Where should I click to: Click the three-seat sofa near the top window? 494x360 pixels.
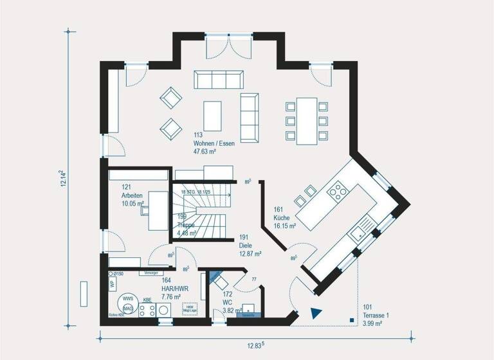pyautogui.click(x=219, y=80)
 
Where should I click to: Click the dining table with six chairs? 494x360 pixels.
pyautogui.click(x=306, y=120)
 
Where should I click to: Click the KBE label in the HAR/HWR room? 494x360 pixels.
pyautogui.click(x=147, y=300)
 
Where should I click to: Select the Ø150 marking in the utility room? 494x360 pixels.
pyautogui.click(x=118, y=274)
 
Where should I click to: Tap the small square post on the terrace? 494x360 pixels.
pyautogui.click(x=352, y=319)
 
